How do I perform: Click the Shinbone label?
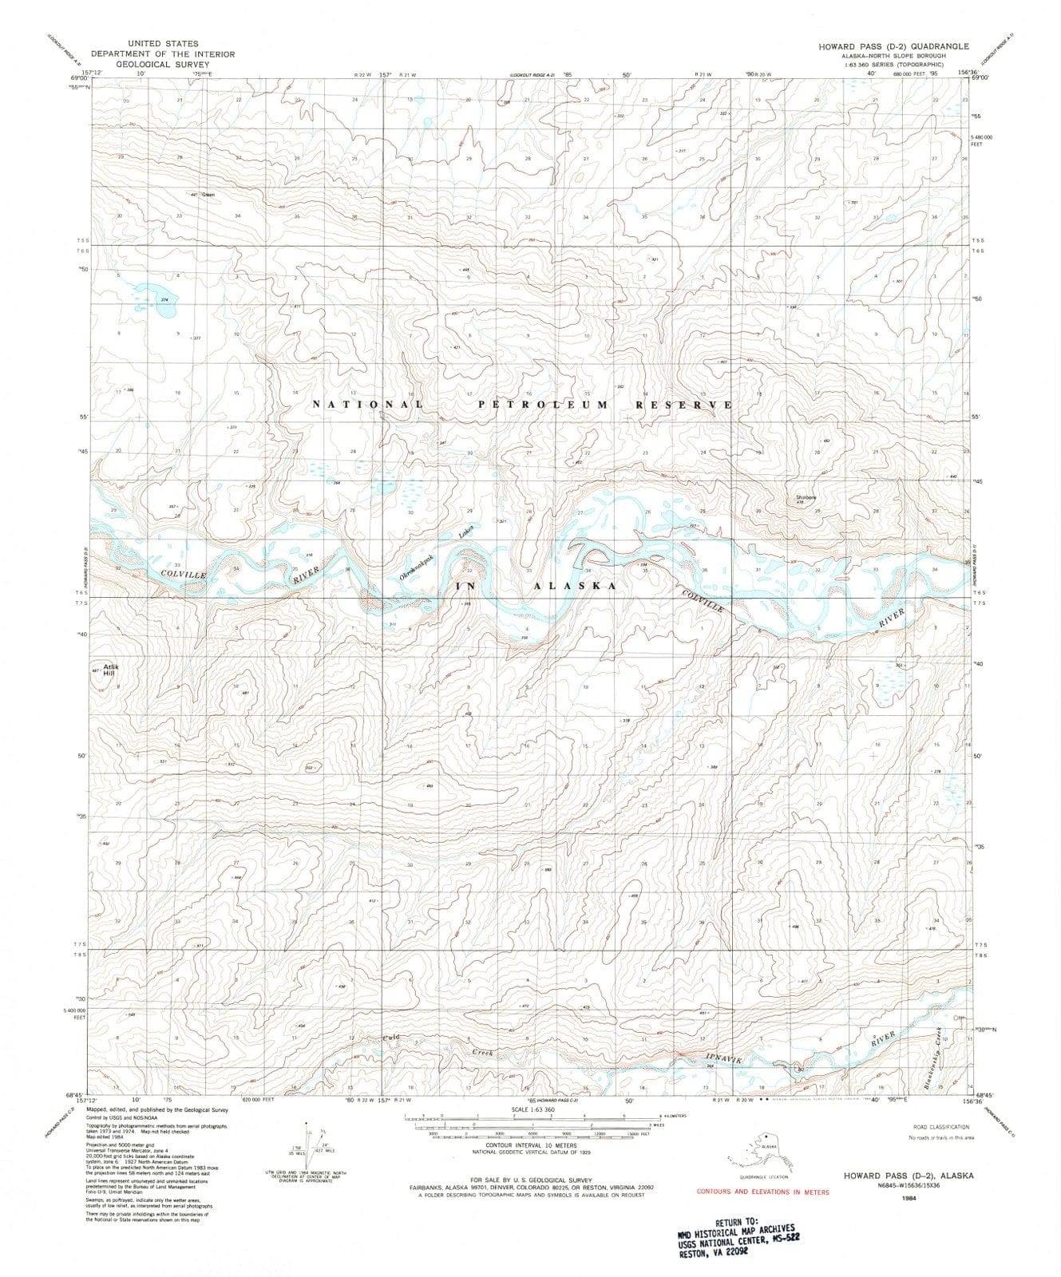click(806, 499)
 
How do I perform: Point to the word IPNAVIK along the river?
click(724, 1059)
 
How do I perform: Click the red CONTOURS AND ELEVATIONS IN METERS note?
click(762, 1192)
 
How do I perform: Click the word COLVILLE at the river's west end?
click(182, 574)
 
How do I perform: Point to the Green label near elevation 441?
click(208, 194)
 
